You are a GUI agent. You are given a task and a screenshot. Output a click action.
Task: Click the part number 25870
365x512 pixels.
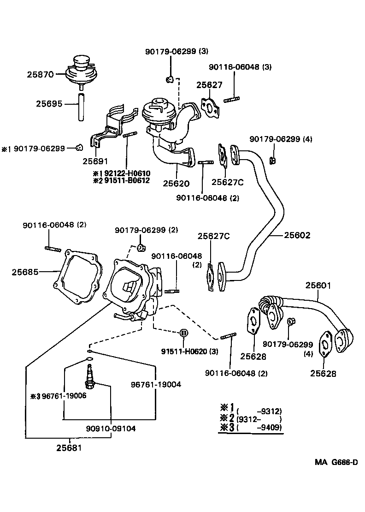(x=40, y=74)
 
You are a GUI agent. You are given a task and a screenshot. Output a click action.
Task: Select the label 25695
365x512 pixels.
(x=49, y=104)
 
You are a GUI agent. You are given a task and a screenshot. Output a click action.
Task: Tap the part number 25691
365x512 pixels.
(x=96, y=161)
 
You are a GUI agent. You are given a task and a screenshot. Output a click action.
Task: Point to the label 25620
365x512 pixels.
(x=176, y=183)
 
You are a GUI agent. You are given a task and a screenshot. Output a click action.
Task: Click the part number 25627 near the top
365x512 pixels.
(x=209, y=85)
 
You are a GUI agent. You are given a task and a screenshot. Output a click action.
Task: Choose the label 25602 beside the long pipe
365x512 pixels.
(x=297, y=235)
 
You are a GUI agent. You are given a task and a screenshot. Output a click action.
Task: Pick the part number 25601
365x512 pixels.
(x=318, y=286)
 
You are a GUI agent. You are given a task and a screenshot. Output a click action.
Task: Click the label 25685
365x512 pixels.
(x=25, y=272)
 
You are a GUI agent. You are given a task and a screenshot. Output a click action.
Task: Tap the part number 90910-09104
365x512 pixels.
(x=111, y=428)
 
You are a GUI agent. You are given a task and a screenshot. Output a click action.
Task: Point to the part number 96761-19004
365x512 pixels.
(x=155, y=384)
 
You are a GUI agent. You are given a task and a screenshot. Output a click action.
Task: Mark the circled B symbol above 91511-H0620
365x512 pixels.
(x=183, y=333)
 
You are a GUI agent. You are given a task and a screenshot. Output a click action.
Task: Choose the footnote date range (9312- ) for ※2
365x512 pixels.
(x=259, y=419)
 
